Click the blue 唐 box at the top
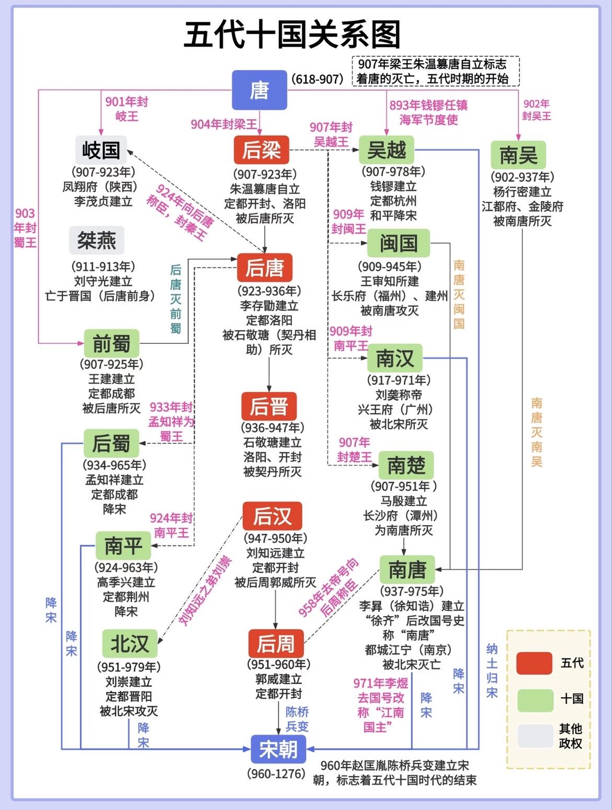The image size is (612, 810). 259,90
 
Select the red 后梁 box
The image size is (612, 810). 262,151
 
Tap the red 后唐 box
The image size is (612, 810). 265,268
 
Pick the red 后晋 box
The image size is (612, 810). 269,406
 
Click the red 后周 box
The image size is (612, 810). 276,644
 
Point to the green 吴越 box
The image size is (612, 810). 387,151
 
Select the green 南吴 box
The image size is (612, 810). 518,155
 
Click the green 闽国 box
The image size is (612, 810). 399,243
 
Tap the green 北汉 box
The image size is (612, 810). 129,643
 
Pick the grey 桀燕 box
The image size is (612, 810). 97,240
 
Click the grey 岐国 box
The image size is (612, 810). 101,150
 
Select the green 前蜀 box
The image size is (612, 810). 111,343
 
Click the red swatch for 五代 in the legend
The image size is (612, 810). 534,663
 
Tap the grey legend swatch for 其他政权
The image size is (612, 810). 534,736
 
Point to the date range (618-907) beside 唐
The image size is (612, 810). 318,79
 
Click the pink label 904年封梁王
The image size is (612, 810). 224,124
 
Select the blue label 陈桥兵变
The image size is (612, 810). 297,719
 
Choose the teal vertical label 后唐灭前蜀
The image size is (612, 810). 176,298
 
